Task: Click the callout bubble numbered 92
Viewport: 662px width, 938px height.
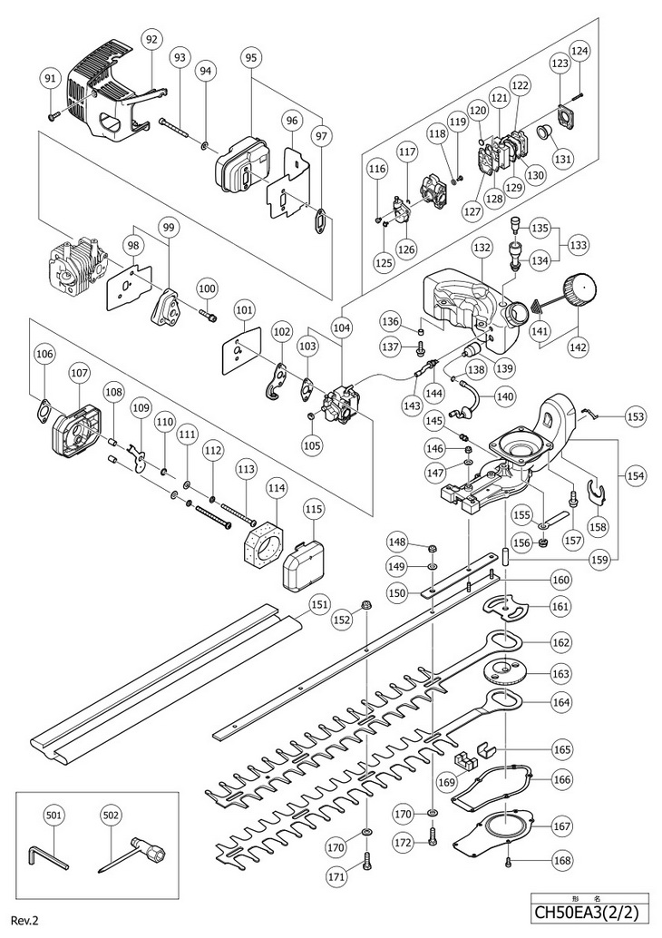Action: coord(151,40)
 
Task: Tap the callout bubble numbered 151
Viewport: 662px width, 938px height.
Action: coord(320,604)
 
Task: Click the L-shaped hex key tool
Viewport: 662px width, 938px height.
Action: coord(48,860)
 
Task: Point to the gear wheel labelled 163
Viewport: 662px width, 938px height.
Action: coord(506,672)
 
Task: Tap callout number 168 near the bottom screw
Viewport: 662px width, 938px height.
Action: coord(561,860)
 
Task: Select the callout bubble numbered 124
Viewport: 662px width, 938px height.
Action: coord(579,51)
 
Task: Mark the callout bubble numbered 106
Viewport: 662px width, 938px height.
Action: coord(44,354)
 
